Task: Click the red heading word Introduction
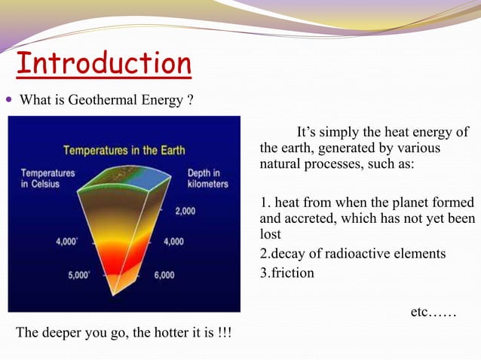point(103,63)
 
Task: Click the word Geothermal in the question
point(103,101)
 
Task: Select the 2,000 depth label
point(185,211)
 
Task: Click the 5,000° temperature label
point(78,275)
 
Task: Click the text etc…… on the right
point(433,311)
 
